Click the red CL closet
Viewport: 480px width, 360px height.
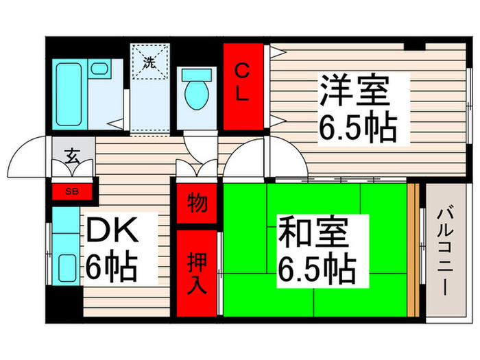pyautogui.click(x=243, y=86)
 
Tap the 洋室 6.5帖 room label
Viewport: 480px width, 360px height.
pyautogui.click(x=357, y=108)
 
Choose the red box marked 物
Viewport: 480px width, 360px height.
pyautogui.click(x=197, y=204)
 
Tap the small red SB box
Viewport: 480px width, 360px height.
pyautogui.click(x=71, y=191)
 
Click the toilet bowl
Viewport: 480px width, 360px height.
pyautogui.click(x=197, y=93)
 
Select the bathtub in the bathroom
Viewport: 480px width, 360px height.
pyautogui.click(x=69, y=94)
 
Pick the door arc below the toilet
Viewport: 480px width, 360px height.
pyautogui.click(x=200, y=145)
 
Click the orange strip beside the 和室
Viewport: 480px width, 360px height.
pyautogui.click(x=413, y=250)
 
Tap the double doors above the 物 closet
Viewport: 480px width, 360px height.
pyautogui.click(x=197, y=169)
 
